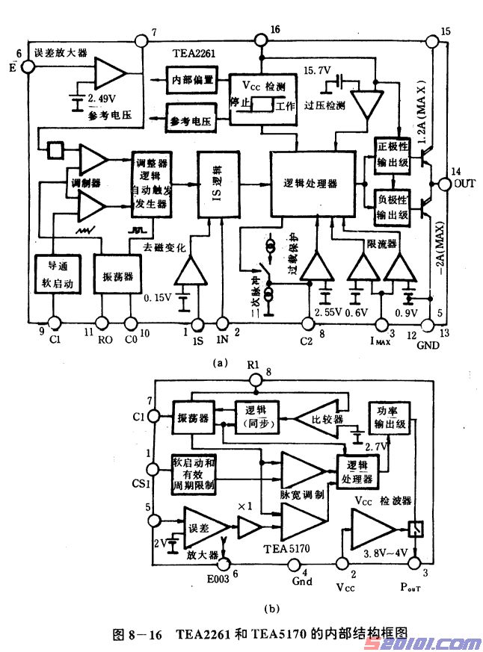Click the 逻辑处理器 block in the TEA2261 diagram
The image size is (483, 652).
click(311, 183)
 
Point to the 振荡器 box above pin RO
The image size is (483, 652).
click(117, 276)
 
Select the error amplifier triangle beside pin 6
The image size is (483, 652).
click(110, 72)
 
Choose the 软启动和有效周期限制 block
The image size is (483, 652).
click(193, 474)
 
